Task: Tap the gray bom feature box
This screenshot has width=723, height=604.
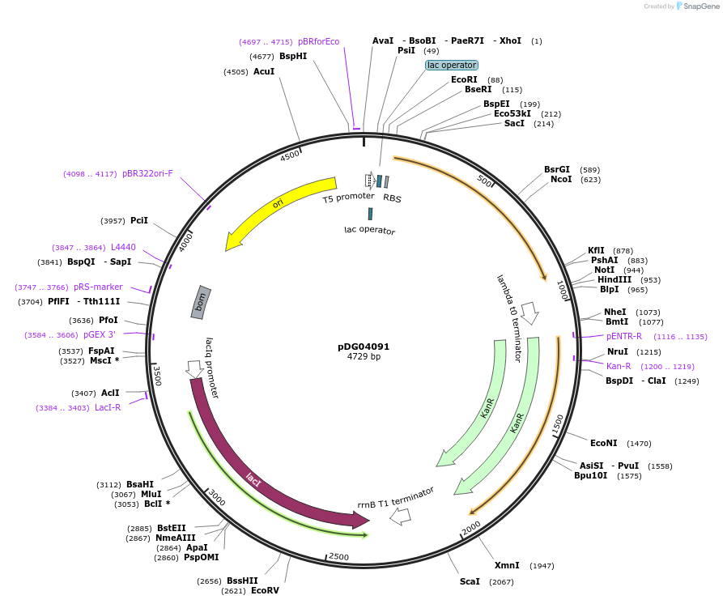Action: point(202,301)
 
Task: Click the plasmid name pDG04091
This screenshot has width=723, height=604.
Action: point(364,347)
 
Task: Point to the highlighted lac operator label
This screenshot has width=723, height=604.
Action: point(452,65)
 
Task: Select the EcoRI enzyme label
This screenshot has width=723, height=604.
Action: point(464,79)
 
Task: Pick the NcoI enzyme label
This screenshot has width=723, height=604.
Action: point(561,179)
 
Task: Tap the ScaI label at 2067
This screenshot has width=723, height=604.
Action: point(470,581)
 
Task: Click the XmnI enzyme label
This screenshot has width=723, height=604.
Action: point(507,565)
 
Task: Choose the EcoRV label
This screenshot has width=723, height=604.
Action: point(265,590)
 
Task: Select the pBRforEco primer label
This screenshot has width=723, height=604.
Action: point(318,41)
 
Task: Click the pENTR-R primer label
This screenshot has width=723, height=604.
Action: point(624,336)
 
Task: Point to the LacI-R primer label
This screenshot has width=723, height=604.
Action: point(108,407)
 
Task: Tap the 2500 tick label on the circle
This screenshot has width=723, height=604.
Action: point(338,557)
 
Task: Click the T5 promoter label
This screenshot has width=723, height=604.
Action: point(348,197)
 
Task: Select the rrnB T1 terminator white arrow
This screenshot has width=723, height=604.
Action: point(400,515)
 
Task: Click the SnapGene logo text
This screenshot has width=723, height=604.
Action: point(701,6)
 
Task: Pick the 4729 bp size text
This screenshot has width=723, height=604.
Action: point(364,356)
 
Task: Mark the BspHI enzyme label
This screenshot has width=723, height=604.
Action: point(293,56)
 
